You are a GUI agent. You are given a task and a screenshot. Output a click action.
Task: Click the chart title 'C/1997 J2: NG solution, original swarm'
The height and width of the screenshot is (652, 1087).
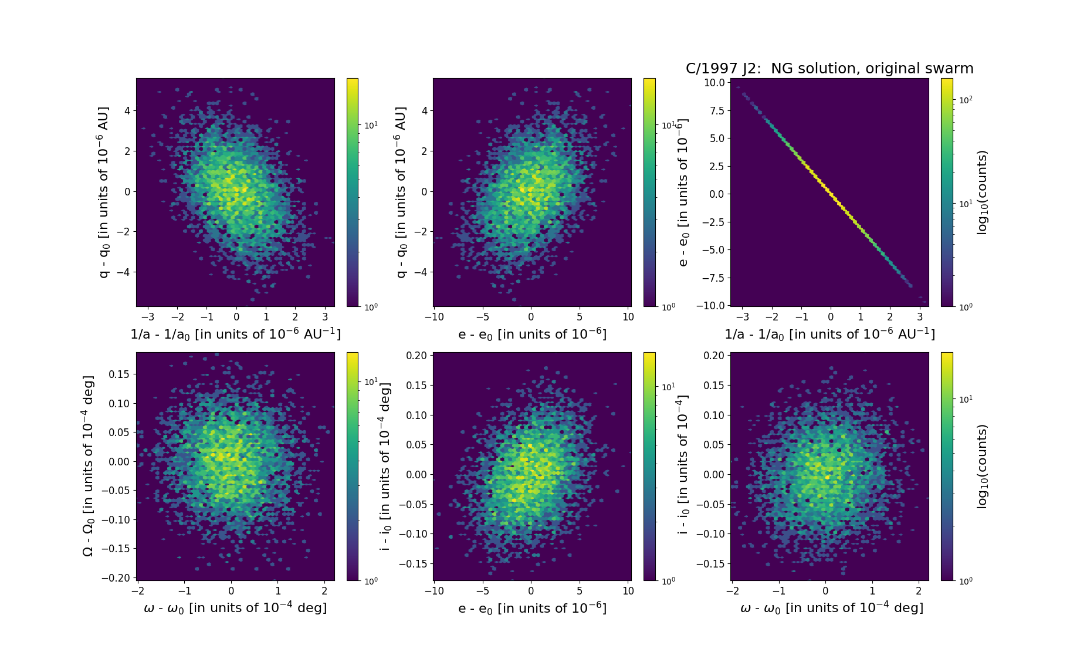(x=829, y=69)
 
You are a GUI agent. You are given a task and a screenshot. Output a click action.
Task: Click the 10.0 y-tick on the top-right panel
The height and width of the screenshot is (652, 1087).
(x=714, y=83)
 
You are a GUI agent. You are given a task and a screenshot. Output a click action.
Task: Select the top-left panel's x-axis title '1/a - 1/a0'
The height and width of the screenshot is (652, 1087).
(x=235, y=334)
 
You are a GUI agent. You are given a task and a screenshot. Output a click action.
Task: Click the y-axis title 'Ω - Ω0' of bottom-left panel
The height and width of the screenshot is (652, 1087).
(x=88, y=466)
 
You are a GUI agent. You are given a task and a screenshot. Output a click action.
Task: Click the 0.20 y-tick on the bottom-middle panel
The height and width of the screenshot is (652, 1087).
(x=416, y=356)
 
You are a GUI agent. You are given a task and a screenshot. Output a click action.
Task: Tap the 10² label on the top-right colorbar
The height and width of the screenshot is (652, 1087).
(x=966, y=100)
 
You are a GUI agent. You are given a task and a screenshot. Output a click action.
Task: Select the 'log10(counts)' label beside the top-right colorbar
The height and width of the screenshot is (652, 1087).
(x=982, y=192)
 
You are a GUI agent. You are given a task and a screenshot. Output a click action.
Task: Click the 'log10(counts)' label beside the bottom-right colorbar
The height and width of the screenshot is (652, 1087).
(x=982, y=467)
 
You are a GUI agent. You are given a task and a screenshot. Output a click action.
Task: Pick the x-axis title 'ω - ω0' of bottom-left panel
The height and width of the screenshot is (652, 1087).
(x=235, y=608)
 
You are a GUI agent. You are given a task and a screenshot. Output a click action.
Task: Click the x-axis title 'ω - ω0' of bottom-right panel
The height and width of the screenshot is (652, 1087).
(x=832, y=608)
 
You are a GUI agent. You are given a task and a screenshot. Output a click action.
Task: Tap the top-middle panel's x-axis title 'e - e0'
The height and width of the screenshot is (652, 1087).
(x=532, y=334)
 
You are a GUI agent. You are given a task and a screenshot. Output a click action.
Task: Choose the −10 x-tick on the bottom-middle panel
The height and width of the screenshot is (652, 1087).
(x=434, y=591)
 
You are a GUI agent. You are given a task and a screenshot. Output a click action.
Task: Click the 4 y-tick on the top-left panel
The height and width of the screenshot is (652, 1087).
(x=127, y=110)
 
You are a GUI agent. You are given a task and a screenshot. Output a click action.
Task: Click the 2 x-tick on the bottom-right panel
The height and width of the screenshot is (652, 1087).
(x=919, y=591)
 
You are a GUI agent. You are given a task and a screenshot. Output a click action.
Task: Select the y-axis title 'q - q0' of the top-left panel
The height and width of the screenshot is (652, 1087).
(x=104, y=192)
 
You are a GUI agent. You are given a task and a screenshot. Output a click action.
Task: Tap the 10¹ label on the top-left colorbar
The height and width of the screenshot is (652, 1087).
(x=371, y=126)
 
